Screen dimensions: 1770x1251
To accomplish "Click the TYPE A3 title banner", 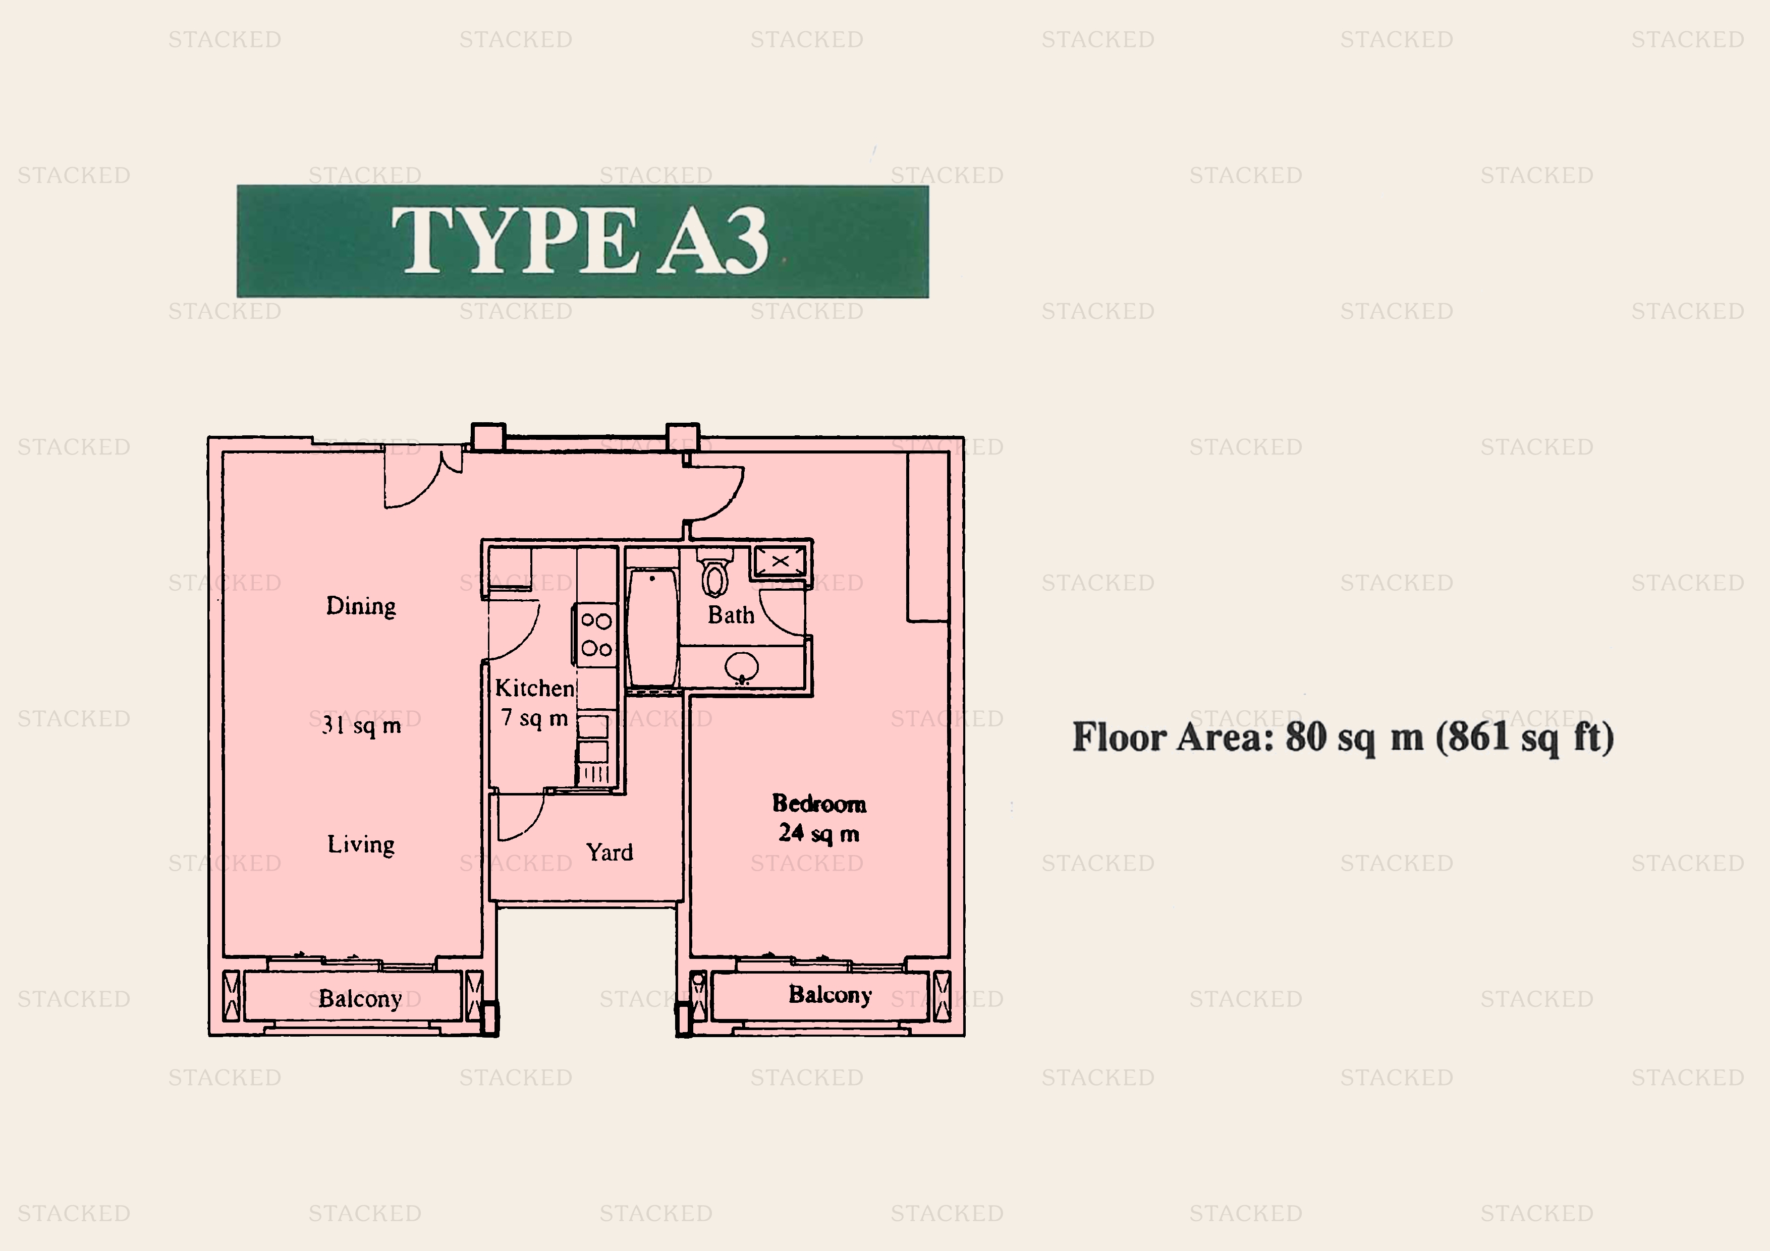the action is coord(582,241).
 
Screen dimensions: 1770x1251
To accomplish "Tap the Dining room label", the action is coord(361,606).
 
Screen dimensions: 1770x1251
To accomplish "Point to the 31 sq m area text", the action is coord(361,725).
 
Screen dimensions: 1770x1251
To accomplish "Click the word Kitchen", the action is coord(534,688).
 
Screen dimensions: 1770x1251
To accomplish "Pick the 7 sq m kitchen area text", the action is coord(534,718).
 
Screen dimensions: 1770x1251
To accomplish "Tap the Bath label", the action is coord(731,615).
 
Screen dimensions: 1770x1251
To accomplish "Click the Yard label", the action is coord(609,852).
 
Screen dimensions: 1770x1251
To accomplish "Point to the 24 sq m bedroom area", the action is coord(819,833).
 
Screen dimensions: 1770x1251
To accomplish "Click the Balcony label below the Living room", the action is coord(360,999).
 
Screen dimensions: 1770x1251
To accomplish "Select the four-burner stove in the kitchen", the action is coord(596,635).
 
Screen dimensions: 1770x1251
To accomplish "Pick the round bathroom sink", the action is coord(742,667).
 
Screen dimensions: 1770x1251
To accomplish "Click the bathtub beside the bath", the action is coord(653,627).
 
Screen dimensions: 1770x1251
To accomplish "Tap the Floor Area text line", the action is coord(1343,737).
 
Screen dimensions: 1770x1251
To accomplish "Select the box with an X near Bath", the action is coord(780,561).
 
